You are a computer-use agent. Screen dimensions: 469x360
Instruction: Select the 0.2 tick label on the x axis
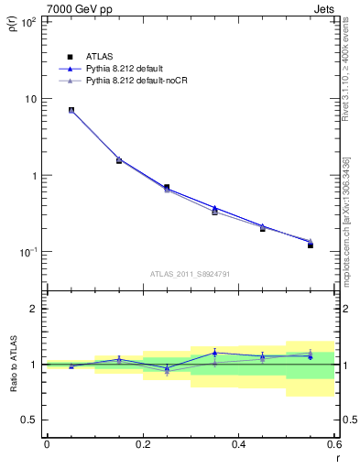coord(142,444)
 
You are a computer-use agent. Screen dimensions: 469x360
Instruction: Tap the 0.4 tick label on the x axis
coord(238,444)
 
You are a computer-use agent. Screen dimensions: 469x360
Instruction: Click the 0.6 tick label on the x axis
coord(333,444)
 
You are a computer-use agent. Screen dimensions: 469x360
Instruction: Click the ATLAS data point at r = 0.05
coord(71,110)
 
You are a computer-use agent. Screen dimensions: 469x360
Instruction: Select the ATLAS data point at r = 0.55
coord(310,245)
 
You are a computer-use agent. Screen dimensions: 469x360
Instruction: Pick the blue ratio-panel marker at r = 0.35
coord(214,353)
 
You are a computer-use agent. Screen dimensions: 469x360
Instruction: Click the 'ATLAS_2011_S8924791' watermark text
coord(190,273)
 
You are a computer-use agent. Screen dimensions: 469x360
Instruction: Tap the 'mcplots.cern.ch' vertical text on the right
coord(346,229)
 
